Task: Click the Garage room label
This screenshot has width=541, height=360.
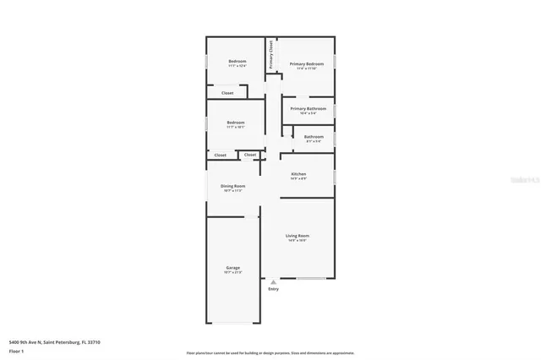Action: click(x=232, y=267)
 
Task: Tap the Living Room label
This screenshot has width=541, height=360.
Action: click(x=297, y=235)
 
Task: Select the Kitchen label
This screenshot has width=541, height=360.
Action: click(x=298, y=173)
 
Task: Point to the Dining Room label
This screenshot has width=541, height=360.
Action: click(x=233, y=186)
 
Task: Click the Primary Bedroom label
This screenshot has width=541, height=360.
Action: click(x=307, y=64)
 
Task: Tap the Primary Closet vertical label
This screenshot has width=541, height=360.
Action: click(x=271, y=54)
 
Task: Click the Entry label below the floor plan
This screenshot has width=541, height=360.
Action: click(x=273, y=290)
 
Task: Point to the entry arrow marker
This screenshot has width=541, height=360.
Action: click(x=273, y=282)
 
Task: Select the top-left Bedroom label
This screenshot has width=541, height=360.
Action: click(x=238, y=61)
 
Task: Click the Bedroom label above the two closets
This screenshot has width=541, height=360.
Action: click(x=236, y=123)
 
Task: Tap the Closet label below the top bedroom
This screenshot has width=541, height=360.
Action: click(x=227, y=93)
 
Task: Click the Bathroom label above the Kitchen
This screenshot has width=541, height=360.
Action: click(x=314, y=136)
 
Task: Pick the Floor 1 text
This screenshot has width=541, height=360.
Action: click(x=16, y=350)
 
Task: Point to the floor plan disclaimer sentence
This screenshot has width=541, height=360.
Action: click(x=270, y=353)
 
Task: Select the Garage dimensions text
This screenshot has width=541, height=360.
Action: click(x=232, y=272)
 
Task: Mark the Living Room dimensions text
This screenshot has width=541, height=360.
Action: click(x=297, y=240)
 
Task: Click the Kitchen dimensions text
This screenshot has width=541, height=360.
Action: click(x=298, y=178)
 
